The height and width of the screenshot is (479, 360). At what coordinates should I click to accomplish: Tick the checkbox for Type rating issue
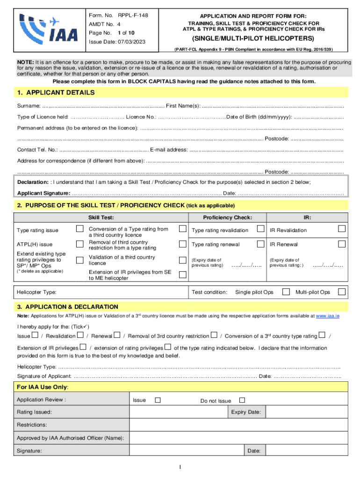79,228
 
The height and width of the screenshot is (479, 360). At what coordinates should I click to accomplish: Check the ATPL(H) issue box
79,244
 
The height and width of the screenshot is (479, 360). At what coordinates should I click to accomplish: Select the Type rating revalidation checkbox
259,229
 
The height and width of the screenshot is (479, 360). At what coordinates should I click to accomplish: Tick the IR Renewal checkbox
342,244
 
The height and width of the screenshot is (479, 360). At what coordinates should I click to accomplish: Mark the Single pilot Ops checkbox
286,292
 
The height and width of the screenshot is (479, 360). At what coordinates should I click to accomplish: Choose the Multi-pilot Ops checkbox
342,292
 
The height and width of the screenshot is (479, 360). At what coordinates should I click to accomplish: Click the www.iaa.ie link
328,316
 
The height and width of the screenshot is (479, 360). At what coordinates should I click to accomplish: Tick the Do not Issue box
242,400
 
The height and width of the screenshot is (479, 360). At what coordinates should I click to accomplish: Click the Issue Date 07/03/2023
117,42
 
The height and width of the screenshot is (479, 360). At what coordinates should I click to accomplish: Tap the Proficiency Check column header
227,218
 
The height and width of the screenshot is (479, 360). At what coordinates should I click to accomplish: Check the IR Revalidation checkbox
342,228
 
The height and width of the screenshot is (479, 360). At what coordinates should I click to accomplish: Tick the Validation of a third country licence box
182,260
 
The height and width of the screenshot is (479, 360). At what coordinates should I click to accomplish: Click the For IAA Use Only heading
43,387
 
